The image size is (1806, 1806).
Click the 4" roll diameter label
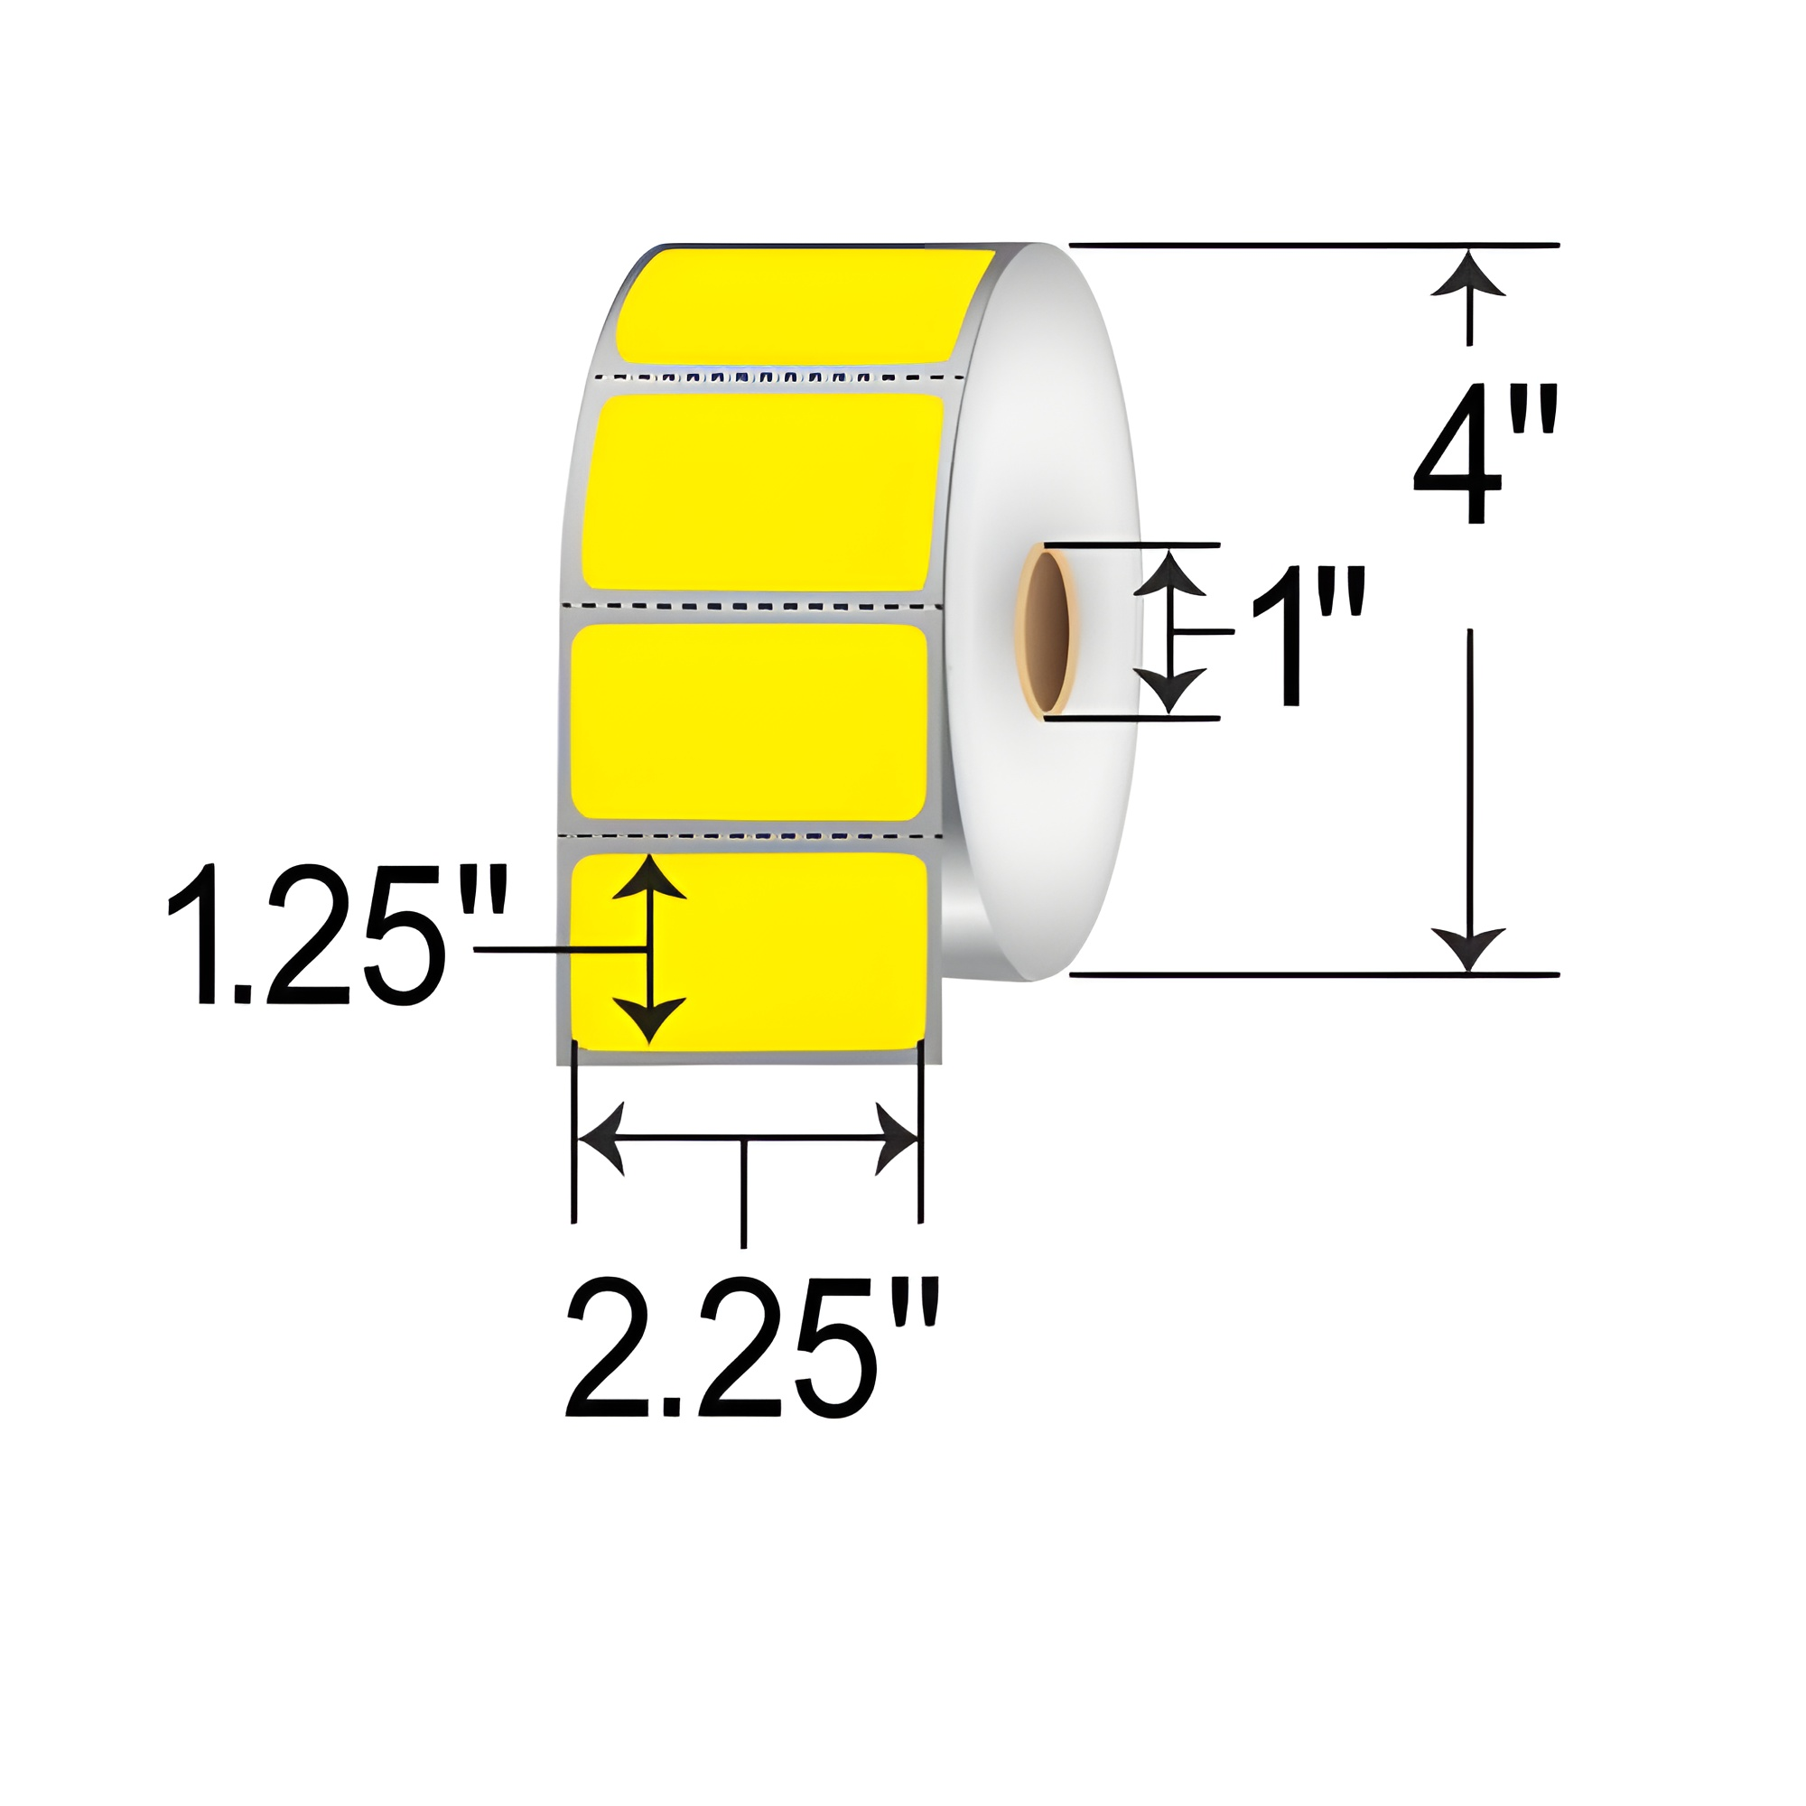tap(1485, 454)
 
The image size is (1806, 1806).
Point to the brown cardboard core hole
tap(1047, 632)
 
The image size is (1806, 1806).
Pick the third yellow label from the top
tap(748, 721)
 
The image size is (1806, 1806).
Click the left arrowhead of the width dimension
tap(599, 1139)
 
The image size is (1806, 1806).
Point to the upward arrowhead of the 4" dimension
tap(1468, 273)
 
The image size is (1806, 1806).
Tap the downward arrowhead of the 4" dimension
tap(1468, 950)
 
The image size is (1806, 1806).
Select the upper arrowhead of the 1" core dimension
tap(1169, 573)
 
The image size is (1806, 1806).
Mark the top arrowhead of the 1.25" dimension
tap(648, 877)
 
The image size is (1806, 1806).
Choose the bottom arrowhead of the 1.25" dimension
tap(648, 1019)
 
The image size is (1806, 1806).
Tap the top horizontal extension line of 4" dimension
tap(1308, 245)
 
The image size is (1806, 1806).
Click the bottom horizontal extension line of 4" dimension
tap(1308, 975)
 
